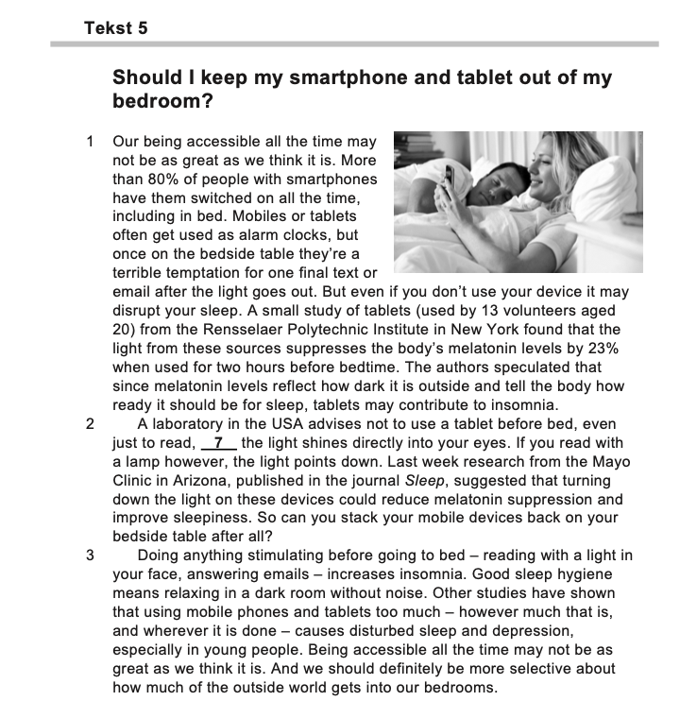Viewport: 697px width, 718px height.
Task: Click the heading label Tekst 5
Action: pyautogui.click(x=115, y=28)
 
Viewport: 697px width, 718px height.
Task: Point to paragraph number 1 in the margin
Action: pyautogui.click(x=90, y=142)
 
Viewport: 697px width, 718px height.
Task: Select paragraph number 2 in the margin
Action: pyautogui.click(x=90, y=424)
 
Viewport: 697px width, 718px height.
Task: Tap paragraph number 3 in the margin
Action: pyautogui.click(x=90, y=556)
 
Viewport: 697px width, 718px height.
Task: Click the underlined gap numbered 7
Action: pyautogui.click(x=218, y=443)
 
